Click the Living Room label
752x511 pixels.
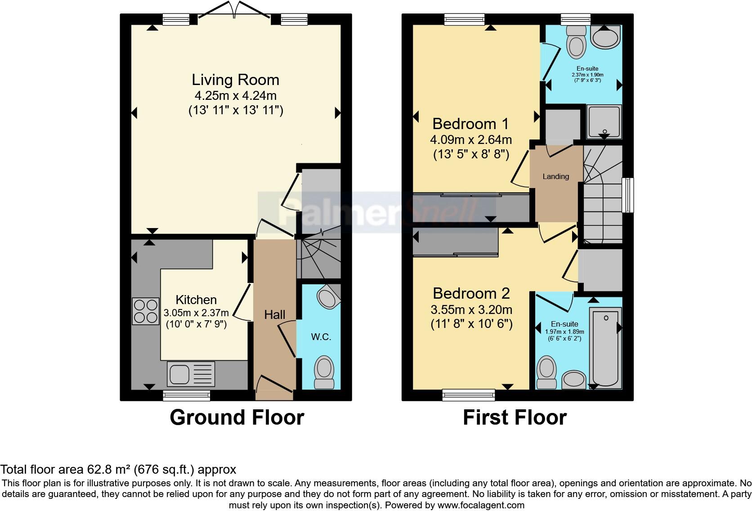235,80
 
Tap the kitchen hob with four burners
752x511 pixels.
145,311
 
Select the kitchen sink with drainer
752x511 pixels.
191,374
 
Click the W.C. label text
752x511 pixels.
321,337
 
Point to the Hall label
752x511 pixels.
275,314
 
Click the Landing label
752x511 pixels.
555,176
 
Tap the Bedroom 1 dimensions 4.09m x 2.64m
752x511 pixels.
471,139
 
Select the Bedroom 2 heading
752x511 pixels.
471,293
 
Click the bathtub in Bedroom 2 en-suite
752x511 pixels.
606,348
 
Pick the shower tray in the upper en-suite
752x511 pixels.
604,121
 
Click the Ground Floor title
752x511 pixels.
237,417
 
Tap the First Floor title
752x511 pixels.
515,417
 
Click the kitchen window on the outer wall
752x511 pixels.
187,395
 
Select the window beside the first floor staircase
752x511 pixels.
628,195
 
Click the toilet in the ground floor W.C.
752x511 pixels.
324,372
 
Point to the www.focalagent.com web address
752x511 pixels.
481,505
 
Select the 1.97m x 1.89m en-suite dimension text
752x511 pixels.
564,332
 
